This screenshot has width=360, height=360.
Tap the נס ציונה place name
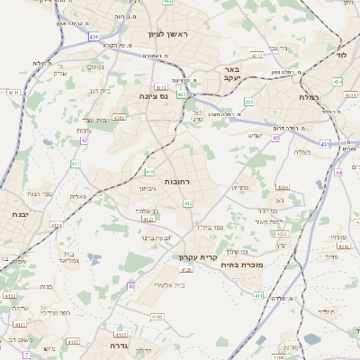click(x=153, y=94)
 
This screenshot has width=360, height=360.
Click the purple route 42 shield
click(x=84, y=140)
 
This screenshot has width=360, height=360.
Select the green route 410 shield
click(x=149, y=170)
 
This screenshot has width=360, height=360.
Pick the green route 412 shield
click(x=187, y=204)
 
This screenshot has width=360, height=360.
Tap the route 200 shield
click(x=248, y=102)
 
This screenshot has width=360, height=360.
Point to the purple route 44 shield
click(x=338, y=172)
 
